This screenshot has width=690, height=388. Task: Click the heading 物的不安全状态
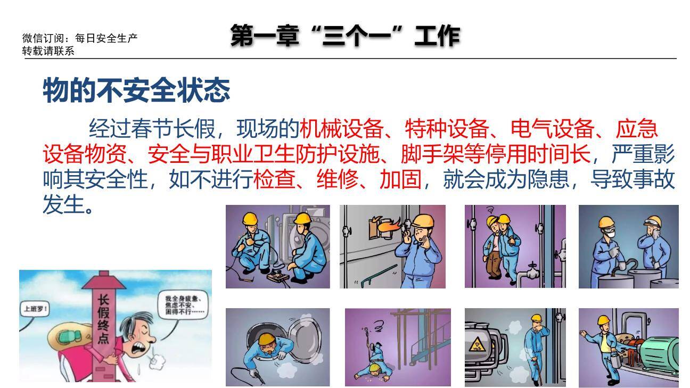tap(136, 90)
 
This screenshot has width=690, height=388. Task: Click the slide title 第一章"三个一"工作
tap(345, 36)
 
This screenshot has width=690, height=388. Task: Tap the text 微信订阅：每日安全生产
tap(80, 38)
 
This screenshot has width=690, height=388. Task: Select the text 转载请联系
tap(48, 51)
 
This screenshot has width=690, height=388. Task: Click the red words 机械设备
tap(341, 129)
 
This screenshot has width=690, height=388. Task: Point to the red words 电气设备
tap(552, 129)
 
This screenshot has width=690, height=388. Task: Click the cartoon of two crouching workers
tap(277, 246)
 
